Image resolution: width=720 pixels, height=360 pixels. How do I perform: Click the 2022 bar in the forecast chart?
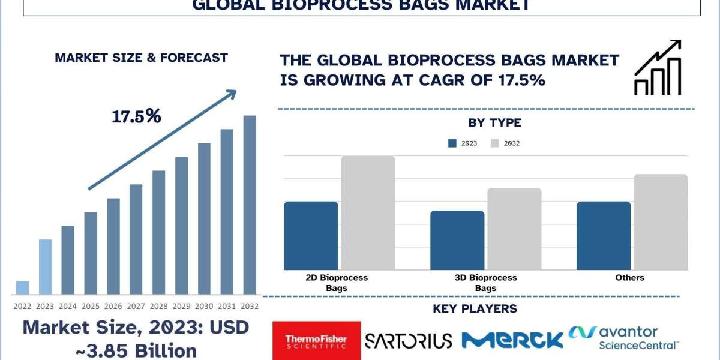23,287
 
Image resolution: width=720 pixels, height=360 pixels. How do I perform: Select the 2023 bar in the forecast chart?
46,267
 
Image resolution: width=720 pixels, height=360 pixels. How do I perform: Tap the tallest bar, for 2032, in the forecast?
250,205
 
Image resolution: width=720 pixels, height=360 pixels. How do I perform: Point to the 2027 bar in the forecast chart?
136,239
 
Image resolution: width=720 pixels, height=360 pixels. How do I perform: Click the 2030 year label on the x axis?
204,307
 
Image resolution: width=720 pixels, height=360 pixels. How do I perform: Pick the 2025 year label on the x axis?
91,307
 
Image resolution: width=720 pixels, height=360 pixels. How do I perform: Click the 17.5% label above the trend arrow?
136,116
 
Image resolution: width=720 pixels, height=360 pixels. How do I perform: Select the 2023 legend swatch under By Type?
452,143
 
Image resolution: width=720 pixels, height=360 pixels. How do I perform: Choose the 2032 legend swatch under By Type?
494,143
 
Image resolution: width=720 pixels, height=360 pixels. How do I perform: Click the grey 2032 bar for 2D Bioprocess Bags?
368,213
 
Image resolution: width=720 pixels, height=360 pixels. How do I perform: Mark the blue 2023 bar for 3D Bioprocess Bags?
457,241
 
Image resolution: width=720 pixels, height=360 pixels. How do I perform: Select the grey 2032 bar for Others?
661,222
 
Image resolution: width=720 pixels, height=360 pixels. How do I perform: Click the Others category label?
629,278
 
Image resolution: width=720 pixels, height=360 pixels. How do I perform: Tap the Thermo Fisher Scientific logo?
317,341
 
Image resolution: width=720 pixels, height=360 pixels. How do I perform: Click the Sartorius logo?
409,341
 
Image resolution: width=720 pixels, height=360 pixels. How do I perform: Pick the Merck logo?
512,340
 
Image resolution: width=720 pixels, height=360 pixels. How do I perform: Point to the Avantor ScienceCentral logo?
623,338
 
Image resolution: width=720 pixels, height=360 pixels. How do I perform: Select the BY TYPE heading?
494,123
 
